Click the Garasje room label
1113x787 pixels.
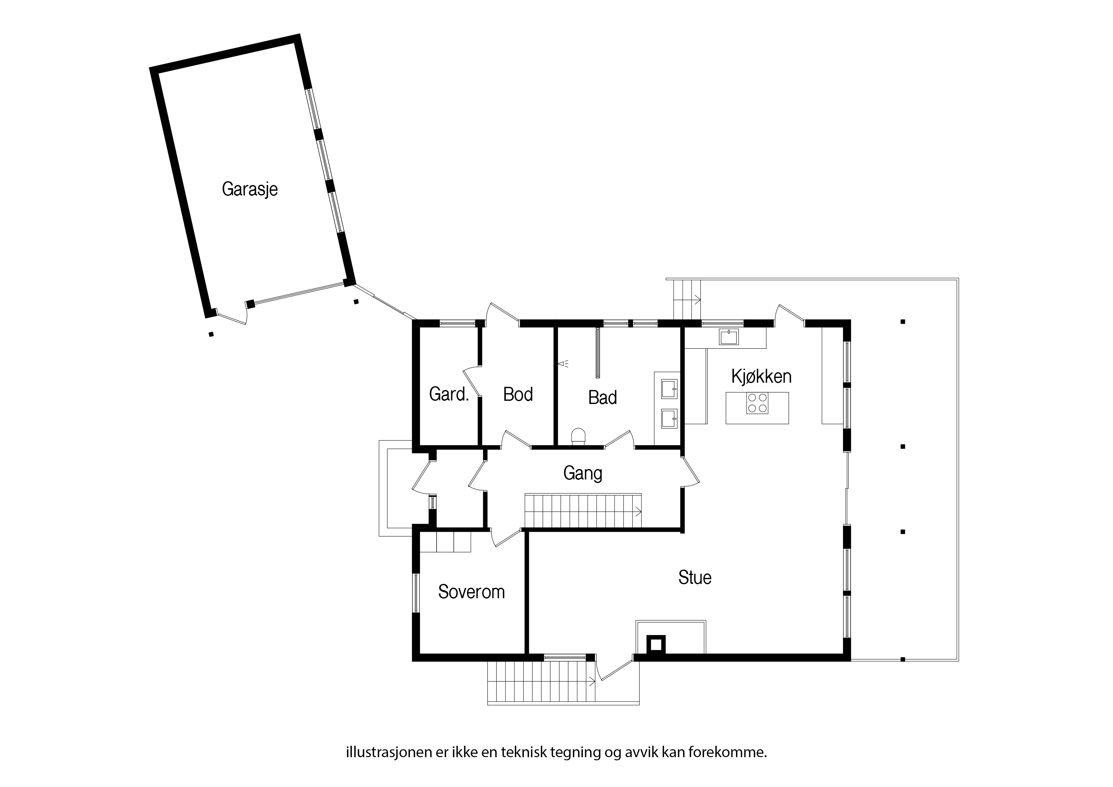click(250, 189)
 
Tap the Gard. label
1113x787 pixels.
click(449, 394)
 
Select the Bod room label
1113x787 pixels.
click(518, 394)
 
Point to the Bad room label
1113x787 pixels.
click(603, 398)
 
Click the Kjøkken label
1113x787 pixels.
click(761, 376)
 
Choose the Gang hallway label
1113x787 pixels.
click(583, 473)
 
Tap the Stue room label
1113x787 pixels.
click(695, 578)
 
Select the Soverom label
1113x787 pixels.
click(471, 592)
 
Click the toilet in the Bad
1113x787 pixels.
click(579, 436)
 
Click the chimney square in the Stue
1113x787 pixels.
click(655, 645)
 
